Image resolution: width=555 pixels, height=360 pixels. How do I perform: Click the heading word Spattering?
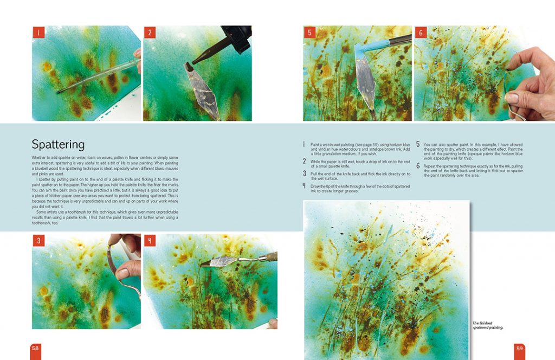tap(58, 144)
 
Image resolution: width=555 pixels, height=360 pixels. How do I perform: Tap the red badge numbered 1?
tap(38, 32)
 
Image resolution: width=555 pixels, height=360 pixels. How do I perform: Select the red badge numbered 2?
tap(150, 32)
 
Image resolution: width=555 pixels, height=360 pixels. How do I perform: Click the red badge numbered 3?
tap(38, 240)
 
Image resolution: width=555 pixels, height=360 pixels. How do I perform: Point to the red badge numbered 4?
tap(150, 240)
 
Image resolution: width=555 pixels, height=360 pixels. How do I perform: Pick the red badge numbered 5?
tap(309, 32)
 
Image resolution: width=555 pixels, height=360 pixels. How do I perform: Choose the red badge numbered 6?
tap(421, 32)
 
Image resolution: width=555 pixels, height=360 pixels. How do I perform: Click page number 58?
tap(35, 348)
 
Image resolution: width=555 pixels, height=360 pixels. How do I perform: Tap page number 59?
tap(519, 348)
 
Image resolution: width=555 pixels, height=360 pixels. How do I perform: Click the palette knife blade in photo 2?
tap(202, 89)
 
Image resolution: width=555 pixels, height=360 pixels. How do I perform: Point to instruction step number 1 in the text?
tap(305, 145)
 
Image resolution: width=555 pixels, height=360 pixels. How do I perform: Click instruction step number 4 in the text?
tap(305, 185)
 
